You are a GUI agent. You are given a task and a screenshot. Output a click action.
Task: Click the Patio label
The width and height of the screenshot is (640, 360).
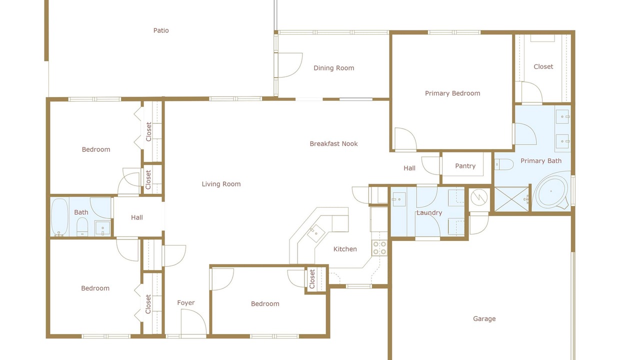click(161, 30)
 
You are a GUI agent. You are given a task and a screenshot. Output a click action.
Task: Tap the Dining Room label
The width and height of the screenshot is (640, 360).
click(333, 68)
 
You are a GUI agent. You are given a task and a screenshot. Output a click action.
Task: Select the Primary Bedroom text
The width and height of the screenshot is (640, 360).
click(452, 93)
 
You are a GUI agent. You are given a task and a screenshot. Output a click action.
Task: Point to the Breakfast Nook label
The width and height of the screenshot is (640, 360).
click(333, 143)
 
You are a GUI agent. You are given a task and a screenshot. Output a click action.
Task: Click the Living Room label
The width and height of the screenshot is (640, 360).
click(221, 184)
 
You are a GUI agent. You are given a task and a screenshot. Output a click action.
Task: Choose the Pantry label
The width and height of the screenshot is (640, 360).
click(465, 166)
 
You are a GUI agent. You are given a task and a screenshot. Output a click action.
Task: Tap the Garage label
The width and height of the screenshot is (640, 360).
click(484, 319)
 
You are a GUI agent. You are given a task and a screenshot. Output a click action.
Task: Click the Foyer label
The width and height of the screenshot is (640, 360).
click(185, 303)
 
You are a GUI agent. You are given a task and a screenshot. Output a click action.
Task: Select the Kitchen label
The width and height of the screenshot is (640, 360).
click(345, 249)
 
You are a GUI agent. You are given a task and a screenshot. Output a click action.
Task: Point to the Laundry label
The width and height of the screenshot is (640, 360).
click(429, 213)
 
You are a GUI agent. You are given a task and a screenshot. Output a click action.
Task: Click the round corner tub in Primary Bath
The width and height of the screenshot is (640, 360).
click(552, 190)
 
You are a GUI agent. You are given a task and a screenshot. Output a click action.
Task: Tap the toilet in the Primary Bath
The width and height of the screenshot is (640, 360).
click(504, 164)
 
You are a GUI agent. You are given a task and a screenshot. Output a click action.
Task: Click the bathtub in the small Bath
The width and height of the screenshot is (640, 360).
click(59, 217)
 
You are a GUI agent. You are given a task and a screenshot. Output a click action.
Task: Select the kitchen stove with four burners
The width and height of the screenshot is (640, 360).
click(379, 248)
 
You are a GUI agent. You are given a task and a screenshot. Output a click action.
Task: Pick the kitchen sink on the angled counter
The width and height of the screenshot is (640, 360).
click(315, 233)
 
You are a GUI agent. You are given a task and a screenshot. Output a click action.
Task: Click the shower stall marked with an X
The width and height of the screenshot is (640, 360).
click(511, 199)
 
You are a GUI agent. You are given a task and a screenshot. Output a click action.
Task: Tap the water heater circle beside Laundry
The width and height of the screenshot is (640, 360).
click(479, 197)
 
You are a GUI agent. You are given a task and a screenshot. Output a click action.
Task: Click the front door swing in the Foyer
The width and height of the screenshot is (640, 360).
click(193, 321)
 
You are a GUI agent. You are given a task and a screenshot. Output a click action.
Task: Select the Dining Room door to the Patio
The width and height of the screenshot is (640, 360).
click(290, 65)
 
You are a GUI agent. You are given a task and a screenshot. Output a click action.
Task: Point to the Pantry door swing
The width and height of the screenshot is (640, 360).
click(431, 165)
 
